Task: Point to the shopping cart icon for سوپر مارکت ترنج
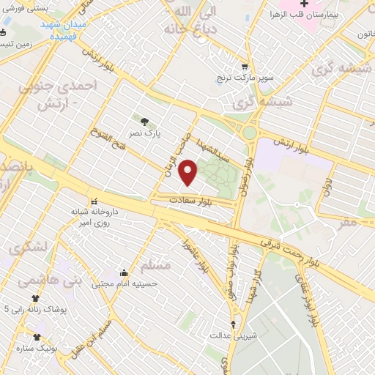tap(245, 64)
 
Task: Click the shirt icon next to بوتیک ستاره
tap(37, 337)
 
